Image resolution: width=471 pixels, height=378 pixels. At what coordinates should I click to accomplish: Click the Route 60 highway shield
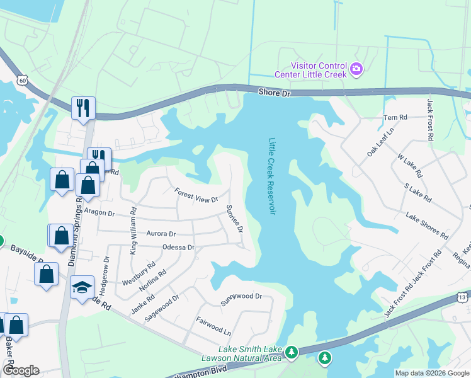(x=23, y=80)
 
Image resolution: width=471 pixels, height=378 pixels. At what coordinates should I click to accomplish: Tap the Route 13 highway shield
(x=462, y=297)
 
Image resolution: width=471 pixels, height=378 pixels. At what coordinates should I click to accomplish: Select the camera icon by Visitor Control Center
(x=356, y=68)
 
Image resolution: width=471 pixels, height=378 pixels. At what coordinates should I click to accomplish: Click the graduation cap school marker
(x=82, y=287)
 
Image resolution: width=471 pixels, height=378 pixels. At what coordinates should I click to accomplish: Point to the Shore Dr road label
(x=275, y=93)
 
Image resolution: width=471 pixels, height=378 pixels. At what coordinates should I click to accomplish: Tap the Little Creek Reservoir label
(x=272, y=176)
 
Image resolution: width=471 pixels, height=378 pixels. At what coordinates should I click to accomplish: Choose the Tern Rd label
(x=396, y=118)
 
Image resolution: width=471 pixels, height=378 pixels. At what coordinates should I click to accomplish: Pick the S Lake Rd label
(x=417, y=193)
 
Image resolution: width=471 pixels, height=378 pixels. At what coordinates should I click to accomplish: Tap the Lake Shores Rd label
(x=427, y=226)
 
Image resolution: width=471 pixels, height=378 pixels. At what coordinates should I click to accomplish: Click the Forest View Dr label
(x=196, y=195)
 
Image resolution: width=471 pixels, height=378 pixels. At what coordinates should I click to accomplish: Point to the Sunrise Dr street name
(x=234, y=218)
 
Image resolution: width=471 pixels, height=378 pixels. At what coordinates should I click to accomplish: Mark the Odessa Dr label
(x=178, y=248)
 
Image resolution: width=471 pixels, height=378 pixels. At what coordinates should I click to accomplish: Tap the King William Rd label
(x=133, y=231)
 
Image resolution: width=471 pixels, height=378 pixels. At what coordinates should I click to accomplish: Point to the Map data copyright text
(x=431, y=373)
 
